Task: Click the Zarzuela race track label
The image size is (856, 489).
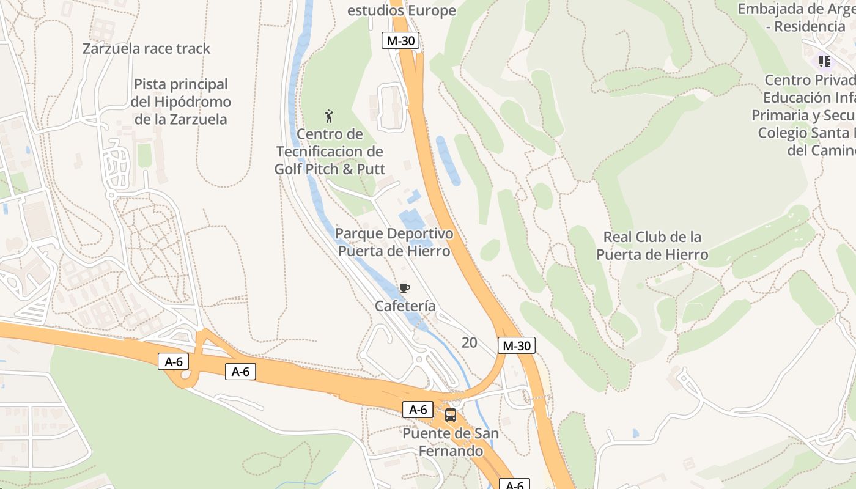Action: point(147,49)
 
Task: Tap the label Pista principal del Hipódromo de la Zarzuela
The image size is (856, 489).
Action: point(180,101)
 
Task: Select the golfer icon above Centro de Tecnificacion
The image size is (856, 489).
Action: point(329,116)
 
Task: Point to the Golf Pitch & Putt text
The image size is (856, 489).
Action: point(330,169)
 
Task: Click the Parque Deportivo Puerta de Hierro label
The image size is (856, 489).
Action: point(394,242)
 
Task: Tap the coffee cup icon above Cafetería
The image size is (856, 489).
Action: point(404,288)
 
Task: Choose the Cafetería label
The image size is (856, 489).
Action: point(405,306)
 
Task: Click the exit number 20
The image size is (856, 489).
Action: point(469,342)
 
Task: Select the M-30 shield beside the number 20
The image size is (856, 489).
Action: point(516,345)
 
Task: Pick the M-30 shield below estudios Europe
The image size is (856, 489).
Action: point(400,40)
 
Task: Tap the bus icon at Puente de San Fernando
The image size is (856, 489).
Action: point(451,414)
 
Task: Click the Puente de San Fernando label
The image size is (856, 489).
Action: point(451,443)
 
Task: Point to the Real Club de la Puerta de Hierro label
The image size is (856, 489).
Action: point(652,246)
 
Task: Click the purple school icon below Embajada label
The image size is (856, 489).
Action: point(825,62)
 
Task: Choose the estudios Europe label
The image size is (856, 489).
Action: point(402,10)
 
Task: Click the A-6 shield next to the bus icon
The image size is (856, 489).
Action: point(418,410)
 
